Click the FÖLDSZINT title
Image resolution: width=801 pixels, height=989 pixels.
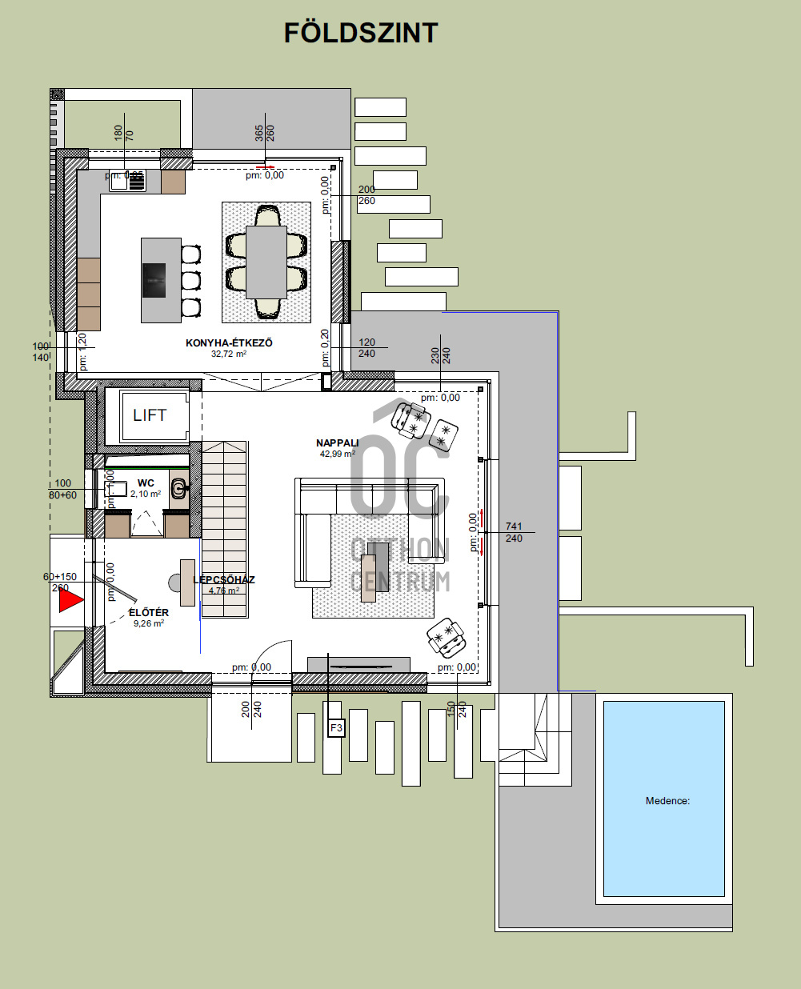[x=361, y=33]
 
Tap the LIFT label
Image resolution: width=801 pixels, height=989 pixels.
[x=150, y=414]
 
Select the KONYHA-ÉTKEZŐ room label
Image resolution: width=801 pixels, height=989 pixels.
[x=229, y=342]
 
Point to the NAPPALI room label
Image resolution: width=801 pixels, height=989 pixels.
[x=337, y=442]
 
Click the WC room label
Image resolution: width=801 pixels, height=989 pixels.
[x=146, y=483]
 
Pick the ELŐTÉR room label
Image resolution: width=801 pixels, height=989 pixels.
[x=149, y=613]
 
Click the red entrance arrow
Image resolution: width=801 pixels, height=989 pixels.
[x=70, y=600]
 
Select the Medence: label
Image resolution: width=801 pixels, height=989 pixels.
[x=667, y=800]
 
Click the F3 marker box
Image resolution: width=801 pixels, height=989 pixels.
[x=336, y=728]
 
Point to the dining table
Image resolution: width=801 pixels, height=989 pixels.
[x=266, y=261]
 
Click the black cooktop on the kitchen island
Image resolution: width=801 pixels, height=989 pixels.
[x=154, y=280]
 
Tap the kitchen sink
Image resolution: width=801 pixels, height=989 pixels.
[x=127, y=181]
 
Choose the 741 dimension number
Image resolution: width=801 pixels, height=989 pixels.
[x=514, y=527]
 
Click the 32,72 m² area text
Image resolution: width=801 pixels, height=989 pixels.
[x=229, y=354]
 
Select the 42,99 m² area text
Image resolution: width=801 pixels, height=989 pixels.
[x=337, y=454]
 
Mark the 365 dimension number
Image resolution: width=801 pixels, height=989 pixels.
[x=259, y=133]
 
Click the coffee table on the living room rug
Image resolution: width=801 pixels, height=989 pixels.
[x=374, y=567]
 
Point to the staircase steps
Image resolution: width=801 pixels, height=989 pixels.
[x=224, y=528]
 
